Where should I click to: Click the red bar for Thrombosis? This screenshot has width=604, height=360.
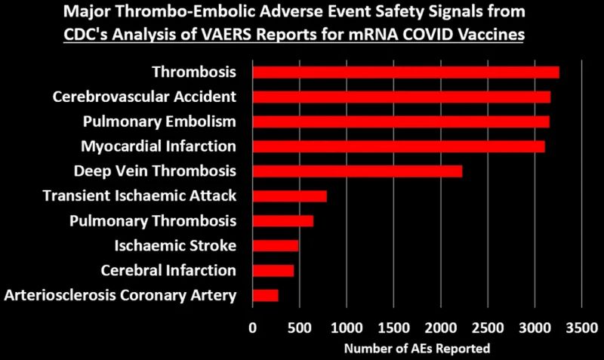pyautogui.click(x=405, y=72)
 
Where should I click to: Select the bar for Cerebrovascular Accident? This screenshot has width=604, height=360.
pyautogui.click(x=401, y=97)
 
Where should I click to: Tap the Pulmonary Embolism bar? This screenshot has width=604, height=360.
pyautogui.click(x=401, y=122)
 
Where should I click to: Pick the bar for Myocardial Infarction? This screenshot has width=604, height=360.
pyautogui.click(x=398, y=146)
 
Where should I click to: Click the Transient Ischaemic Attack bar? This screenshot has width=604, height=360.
pyautogui.click(x=289, y=196)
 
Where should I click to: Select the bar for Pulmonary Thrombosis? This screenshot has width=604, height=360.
pyautogui.click(x=282, y=221)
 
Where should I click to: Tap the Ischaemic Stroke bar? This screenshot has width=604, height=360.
pyautogui.click(x=275, y=245)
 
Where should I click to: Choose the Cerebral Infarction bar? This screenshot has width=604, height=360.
pyautogui.click(x=273, y=270)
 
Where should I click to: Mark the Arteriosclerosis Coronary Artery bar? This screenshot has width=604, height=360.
pyautogui.click(x=265, y=295)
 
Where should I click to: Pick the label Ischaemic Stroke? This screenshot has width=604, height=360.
pyautogui.click(x=175, y=245)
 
